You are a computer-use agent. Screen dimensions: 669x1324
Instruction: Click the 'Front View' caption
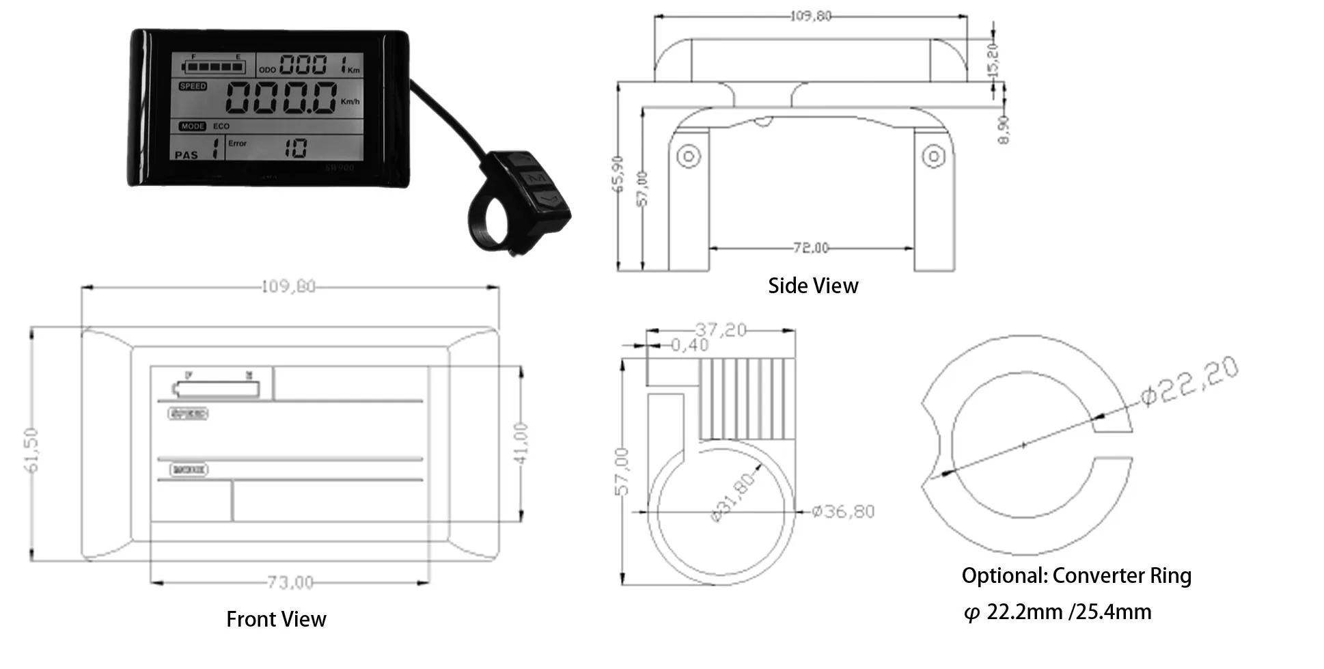point(276,619)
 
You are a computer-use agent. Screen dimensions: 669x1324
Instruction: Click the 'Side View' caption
point(812,286)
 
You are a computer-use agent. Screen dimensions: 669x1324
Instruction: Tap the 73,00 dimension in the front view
point(290,582)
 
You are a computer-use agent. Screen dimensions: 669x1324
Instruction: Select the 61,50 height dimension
point(31,450)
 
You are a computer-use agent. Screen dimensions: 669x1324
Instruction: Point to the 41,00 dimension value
point(521,443)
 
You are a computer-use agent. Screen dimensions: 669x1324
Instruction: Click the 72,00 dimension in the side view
point(811,248)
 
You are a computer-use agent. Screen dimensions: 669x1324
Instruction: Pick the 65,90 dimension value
point(618,174)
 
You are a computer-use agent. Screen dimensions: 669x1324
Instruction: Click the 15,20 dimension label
point(993,59)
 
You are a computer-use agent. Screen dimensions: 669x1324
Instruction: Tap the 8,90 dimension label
point(1004,129)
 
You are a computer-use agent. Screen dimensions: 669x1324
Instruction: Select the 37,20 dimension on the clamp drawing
point(721,330)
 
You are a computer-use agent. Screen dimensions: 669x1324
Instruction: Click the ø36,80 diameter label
point(843,511)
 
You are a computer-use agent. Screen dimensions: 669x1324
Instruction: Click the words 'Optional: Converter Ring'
point(1076,575)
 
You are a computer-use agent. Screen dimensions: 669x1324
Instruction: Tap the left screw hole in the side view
point(688,156)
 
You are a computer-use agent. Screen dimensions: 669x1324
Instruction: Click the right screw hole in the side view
point(933,156)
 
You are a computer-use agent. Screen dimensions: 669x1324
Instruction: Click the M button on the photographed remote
point(538,178)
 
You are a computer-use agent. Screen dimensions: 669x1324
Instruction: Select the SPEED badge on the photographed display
point(193,86)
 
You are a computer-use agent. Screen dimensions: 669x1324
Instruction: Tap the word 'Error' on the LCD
point(237,144)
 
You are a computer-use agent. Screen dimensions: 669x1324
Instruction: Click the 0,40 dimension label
point(689,345)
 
